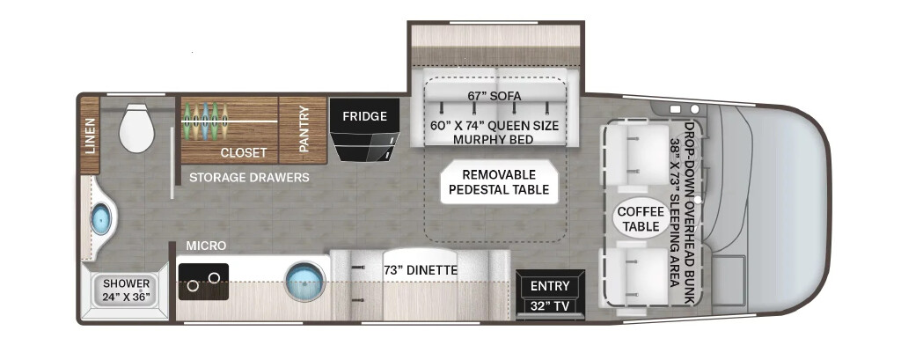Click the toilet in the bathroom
point(136,128)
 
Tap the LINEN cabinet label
point(91,136)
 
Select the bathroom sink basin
point(101,220)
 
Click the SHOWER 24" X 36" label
point(126,290)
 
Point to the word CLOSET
point(244,153)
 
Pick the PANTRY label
point(304,129)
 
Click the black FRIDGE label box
point(365,116)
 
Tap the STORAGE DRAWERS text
point(249,177)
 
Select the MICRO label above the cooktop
point(206,246)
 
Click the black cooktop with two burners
point(203,281)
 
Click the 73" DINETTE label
point(421,269)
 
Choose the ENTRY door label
point(550,286)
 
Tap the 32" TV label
point(550,306)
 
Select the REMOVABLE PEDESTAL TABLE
point(500,182)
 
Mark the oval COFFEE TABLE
point(641,219)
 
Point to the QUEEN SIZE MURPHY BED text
point(494,132)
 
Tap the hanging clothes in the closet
point(205,121)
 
